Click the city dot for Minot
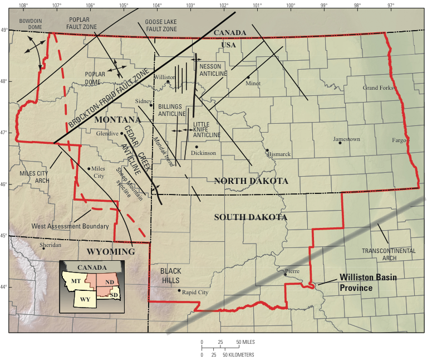point(248,77)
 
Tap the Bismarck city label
point(279,154)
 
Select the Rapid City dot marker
point(179,290)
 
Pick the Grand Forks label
point(378,88)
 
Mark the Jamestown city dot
point(340,143)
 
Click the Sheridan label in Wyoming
point(51,244)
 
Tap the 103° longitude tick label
point(191,5)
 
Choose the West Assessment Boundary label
point(70,226)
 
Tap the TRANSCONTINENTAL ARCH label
point(388,254)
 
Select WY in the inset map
point(85,299)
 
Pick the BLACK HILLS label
point(170,275)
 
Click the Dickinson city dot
point(197,147)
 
